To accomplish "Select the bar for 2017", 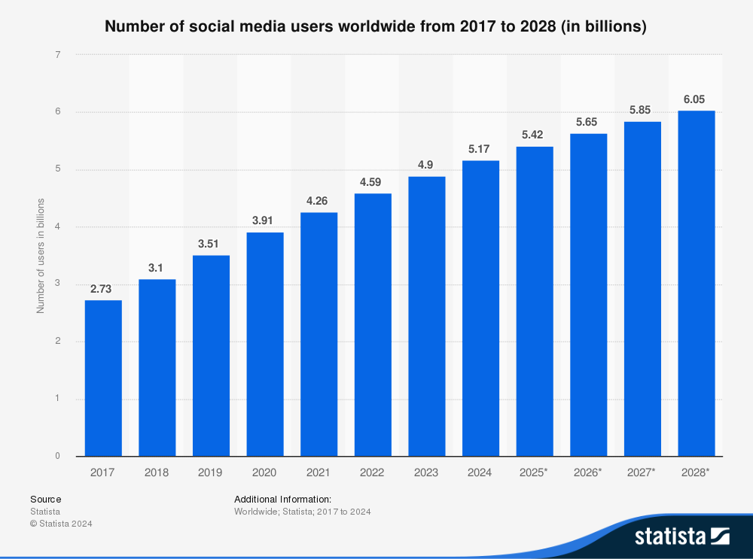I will [x=103, y=378].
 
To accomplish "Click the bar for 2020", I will [x=265, y=344].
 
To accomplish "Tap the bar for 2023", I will [x=427, y=316].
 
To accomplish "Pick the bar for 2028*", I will [x=697, y=283].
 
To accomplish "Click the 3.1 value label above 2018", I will [x=157, y=269].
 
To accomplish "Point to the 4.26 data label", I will [x=319, y=202].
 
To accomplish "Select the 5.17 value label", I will [x=480, y=149].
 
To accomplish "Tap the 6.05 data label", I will [x=697, y=99].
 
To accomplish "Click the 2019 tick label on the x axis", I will [x=211, y=472].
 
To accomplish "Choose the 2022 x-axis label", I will [x=373, y=472].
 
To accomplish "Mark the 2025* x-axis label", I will [x=535, y=472].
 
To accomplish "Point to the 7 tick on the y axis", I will [x=57, y=54].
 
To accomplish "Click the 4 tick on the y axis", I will [x=57, y=226].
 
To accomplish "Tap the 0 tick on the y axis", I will [x=57, y=456].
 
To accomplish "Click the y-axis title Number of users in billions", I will [x=41, y=256].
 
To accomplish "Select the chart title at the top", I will [x=376, y=26].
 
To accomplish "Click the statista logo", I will [x=681, y=536].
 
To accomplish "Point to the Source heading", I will [x=45, y=499].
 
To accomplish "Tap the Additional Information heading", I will [x=282, y=499].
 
